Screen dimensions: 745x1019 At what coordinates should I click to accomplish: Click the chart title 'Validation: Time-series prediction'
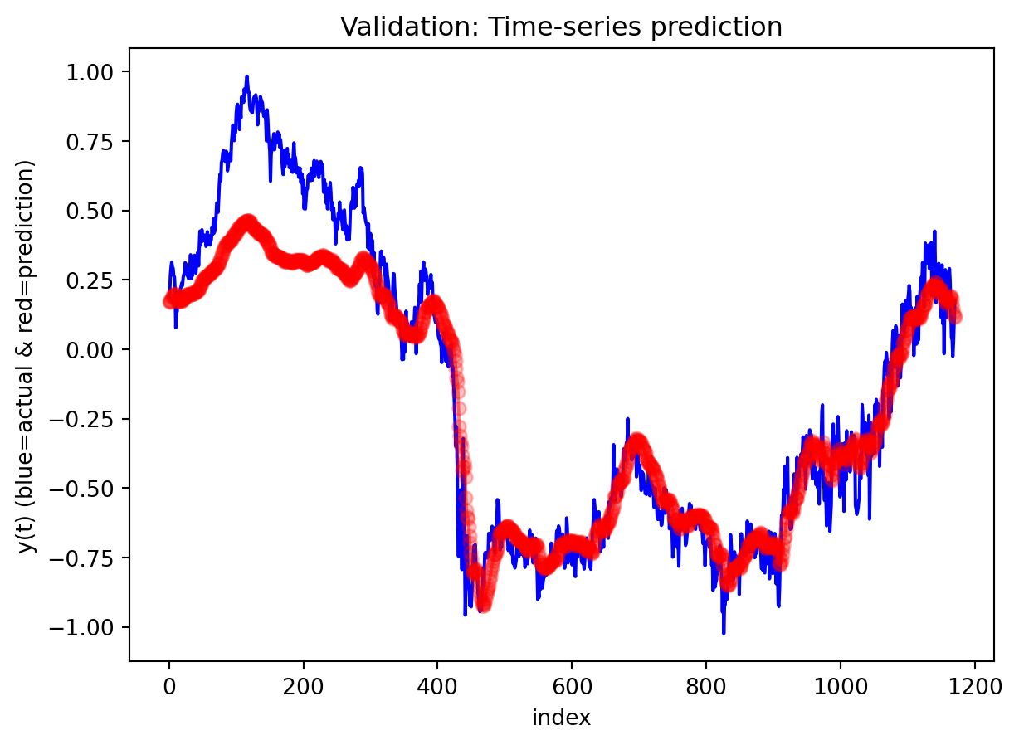(x=562, y=27)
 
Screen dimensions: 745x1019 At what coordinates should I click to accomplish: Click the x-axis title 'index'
(x=562, y=718)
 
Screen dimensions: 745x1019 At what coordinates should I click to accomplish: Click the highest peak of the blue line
(x=247, y=76)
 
